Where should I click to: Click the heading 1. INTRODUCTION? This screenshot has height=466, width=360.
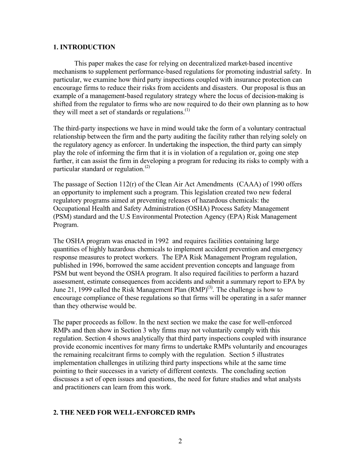pos(84,47)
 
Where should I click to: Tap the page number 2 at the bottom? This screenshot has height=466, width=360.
pos(180,441)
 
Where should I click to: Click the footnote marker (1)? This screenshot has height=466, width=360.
pos(187,111)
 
